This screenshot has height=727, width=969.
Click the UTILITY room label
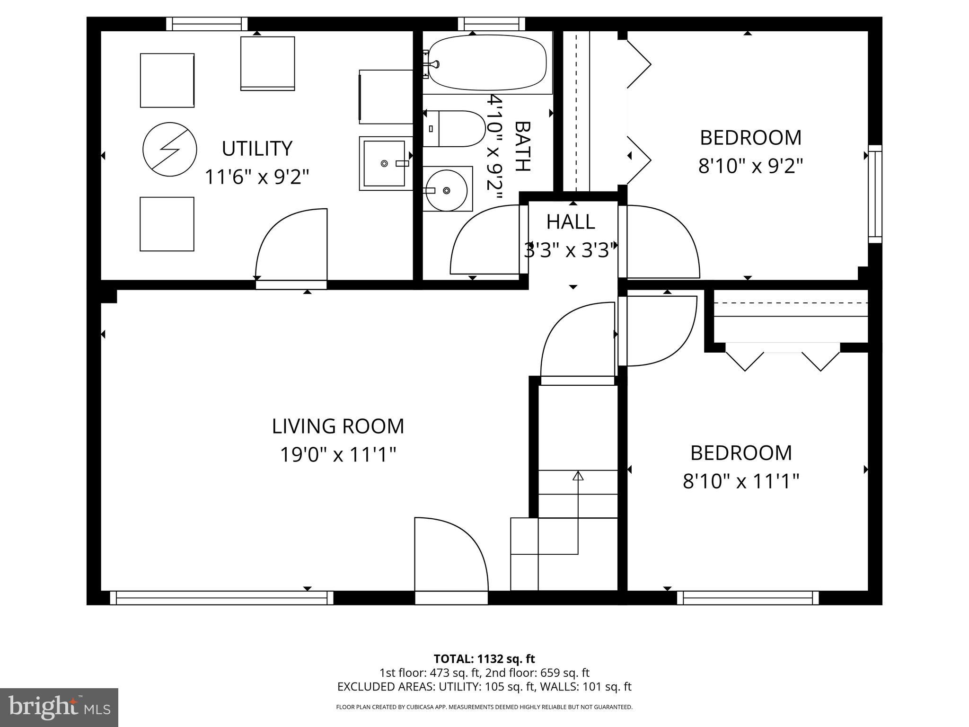pos(257,149)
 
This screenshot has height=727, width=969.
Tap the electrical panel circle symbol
pos(169,149)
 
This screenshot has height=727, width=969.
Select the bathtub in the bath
pos(487,63)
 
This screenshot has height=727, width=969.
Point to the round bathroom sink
pos(446,190)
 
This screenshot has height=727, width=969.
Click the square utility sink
pos(384,163)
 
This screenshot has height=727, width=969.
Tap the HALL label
pos(571,222)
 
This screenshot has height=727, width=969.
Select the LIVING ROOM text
pos(338,426)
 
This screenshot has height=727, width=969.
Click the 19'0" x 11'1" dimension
pos(338,455)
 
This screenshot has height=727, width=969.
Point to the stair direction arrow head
pos(578,476)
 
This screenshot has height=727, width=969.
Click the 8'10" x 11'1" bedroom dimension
pos(741,482)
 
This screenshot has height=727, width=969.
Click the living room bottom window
pos(221,598)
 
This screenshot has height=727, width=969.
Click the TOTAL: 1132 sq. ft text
pos(484,659)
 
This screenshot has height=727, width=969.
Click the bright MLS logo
pos(59,707)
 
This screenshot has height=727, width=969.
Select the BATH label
pos(522,146)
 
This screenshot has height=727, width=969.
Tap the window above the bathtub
pos(492,24)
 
